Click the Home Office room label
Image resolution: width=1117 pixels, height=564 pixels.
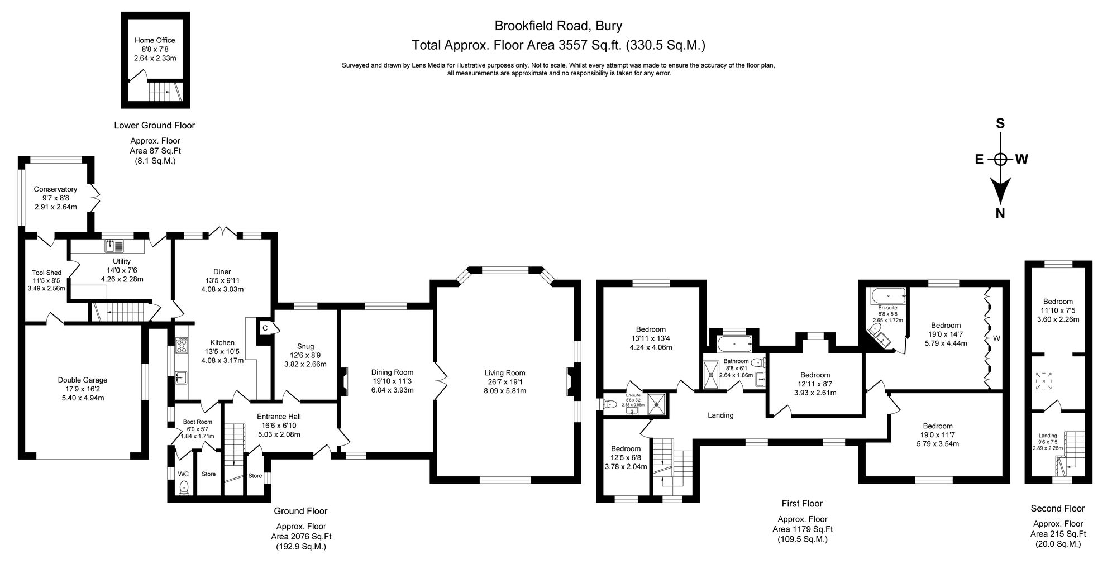coord(155,40)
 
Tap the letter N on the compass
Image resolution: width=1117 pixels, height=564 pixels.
coord(1000,213)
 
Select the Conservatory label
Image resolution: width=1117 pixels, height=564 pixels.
coord(55,189)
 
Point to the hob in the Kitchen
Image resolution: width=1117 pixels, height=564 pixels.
coord(182,346)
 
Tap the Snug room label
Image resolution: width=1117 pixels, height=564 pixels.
coord(305,346)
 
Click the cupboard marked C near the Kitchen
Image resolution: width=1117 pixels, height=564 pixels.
coord(265,328)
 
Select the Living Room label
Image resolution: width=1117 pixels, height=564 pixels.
coord(505,373)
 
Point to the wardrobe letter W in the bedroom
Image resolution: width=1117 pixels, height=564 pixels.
coord(996,338)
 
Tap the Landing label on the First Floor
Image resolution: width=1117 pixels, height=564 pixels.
coord(720,415)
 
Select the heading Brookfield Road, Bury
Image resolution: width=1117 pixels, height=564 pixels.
coord(558,25)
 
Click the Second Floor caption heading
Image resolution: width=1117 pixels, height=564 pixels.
coord(1057,508)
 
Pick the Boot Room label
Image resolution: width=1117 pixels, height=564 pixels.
coord(197,422)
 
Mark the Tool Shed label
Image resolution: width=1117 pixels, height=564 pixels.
coord(46,273)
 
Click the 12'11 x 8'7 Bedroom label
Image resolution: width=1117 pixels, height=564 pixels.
coord(815,375)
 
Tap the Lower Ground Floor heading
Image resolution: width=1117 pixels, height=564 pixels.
coord(154,125)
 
